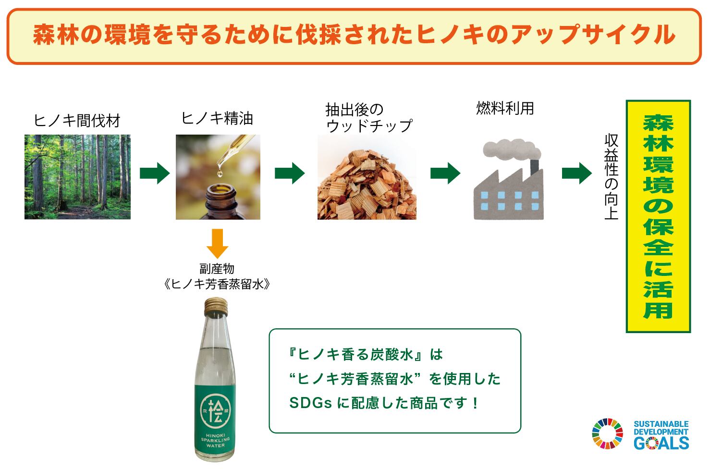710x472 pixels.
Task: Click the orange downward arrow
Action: [x=217, y=243]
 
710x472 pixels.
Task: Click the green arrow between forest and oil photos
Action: [x=155, y=173]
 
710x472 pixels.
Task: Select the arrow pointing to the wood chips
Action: [x=290, y=173]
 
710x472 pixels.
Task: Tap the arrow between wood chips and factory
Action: [x=445, y=173]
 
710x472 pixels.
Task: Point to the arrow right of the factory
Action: [x=577, y=173]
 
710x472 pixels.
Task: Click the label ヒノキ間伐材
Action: [x=77, y=121]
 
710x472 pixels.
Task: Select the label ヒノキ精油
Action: [x=217, y=119]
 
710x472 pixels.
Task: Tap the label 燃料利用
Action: [x=505, y=109]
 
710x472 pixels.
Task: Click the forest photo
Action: [x=77, y=177]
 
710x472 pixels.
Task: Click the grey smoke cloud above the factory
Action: [x=510, y=149]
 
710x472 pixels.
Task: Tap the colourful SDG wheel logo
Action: [x=607, y=434]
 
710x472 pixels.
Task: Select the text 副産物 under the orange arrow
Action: [x=217, y=269]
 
